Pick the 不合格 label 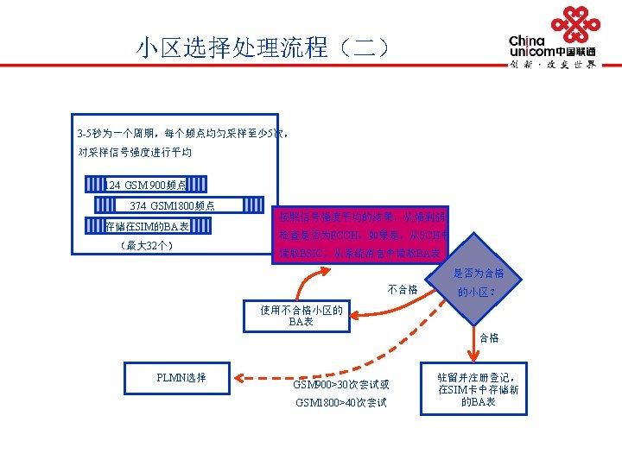pyautogui.click(x=403, y=289)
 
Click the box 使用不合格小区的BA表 pyautogui.click(x=301, y=316)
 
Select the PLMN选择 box pyautogui.click(x=181, y=377)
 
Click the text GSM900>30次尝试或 pyautogui.click(x=340, y=384)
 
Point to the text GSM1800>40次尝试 pyautogui.click(x=340, y=403)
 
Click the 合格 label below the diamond pyautogui.click(x=488, y=337)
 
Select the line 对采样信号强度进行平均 pyautogui.click(x=135, y=153)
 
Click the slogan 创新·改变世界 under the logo pyautogui.click(x=553, y=64)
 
